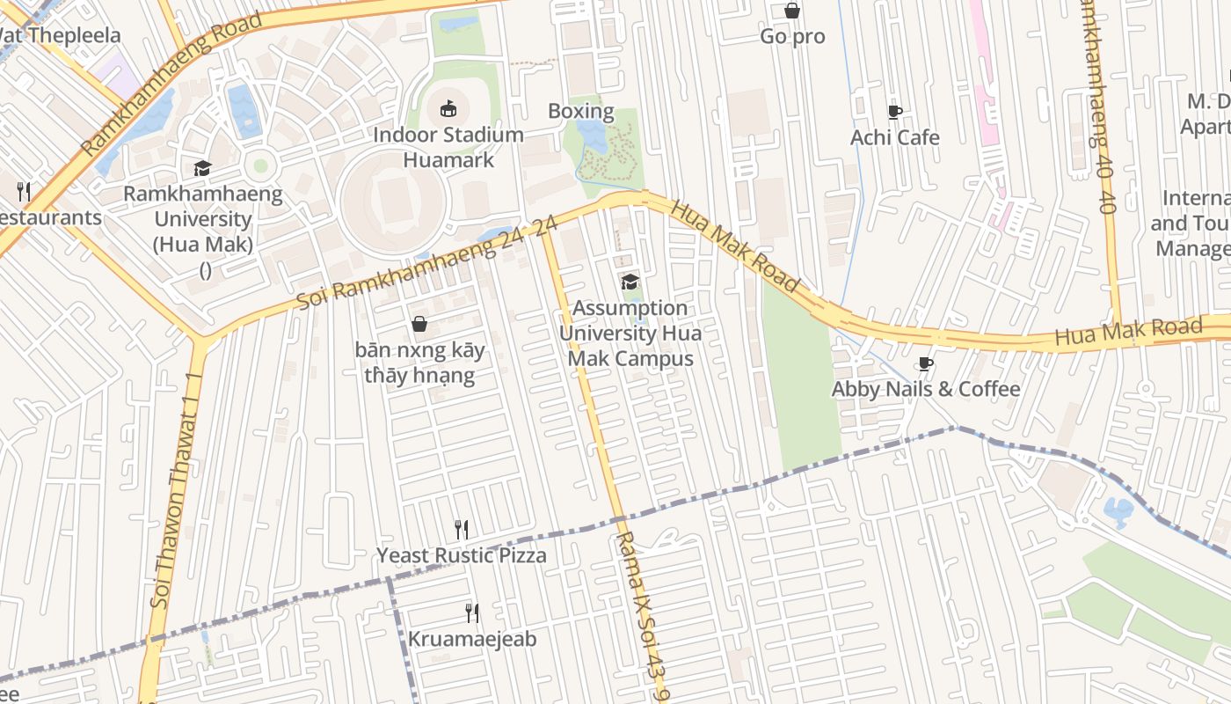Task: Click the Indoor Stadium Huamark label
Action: [x=448, y=147]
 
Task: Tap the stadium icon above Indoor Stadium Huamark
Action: [x=448, y=109]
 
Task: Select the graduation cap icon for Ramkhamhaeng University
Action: [x=203, y=168]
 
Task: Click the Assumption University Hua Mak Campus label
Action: [x=630, y=334]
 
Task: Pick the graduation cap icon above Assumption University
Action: [x=630, y=282]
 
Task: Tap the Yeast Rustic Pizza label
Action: [x=462, y=555]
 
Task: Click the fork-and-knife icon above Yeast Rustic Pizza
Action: [x=462, y=529]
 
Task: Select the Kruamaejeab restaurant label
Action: [x=472, y=639]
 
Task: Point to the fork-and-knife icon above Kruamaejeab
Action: [x=472, y=612]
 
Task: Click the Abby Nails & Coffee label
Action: [x=926, y=389]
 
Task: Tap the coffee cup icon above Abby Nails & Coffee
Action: [x=925, y=363]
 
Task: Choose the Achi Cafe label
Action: [x=894, y=137]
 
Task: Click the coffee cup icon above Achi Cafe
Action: [x=894, y=112]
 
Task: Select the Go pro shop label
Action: [x=792, y=37]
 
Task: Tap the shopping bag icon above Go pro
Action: [x=792, y=11]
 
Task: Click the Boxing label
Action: [x=580, y=111]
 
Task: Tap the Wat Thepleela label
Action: [x=60, y=36]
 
